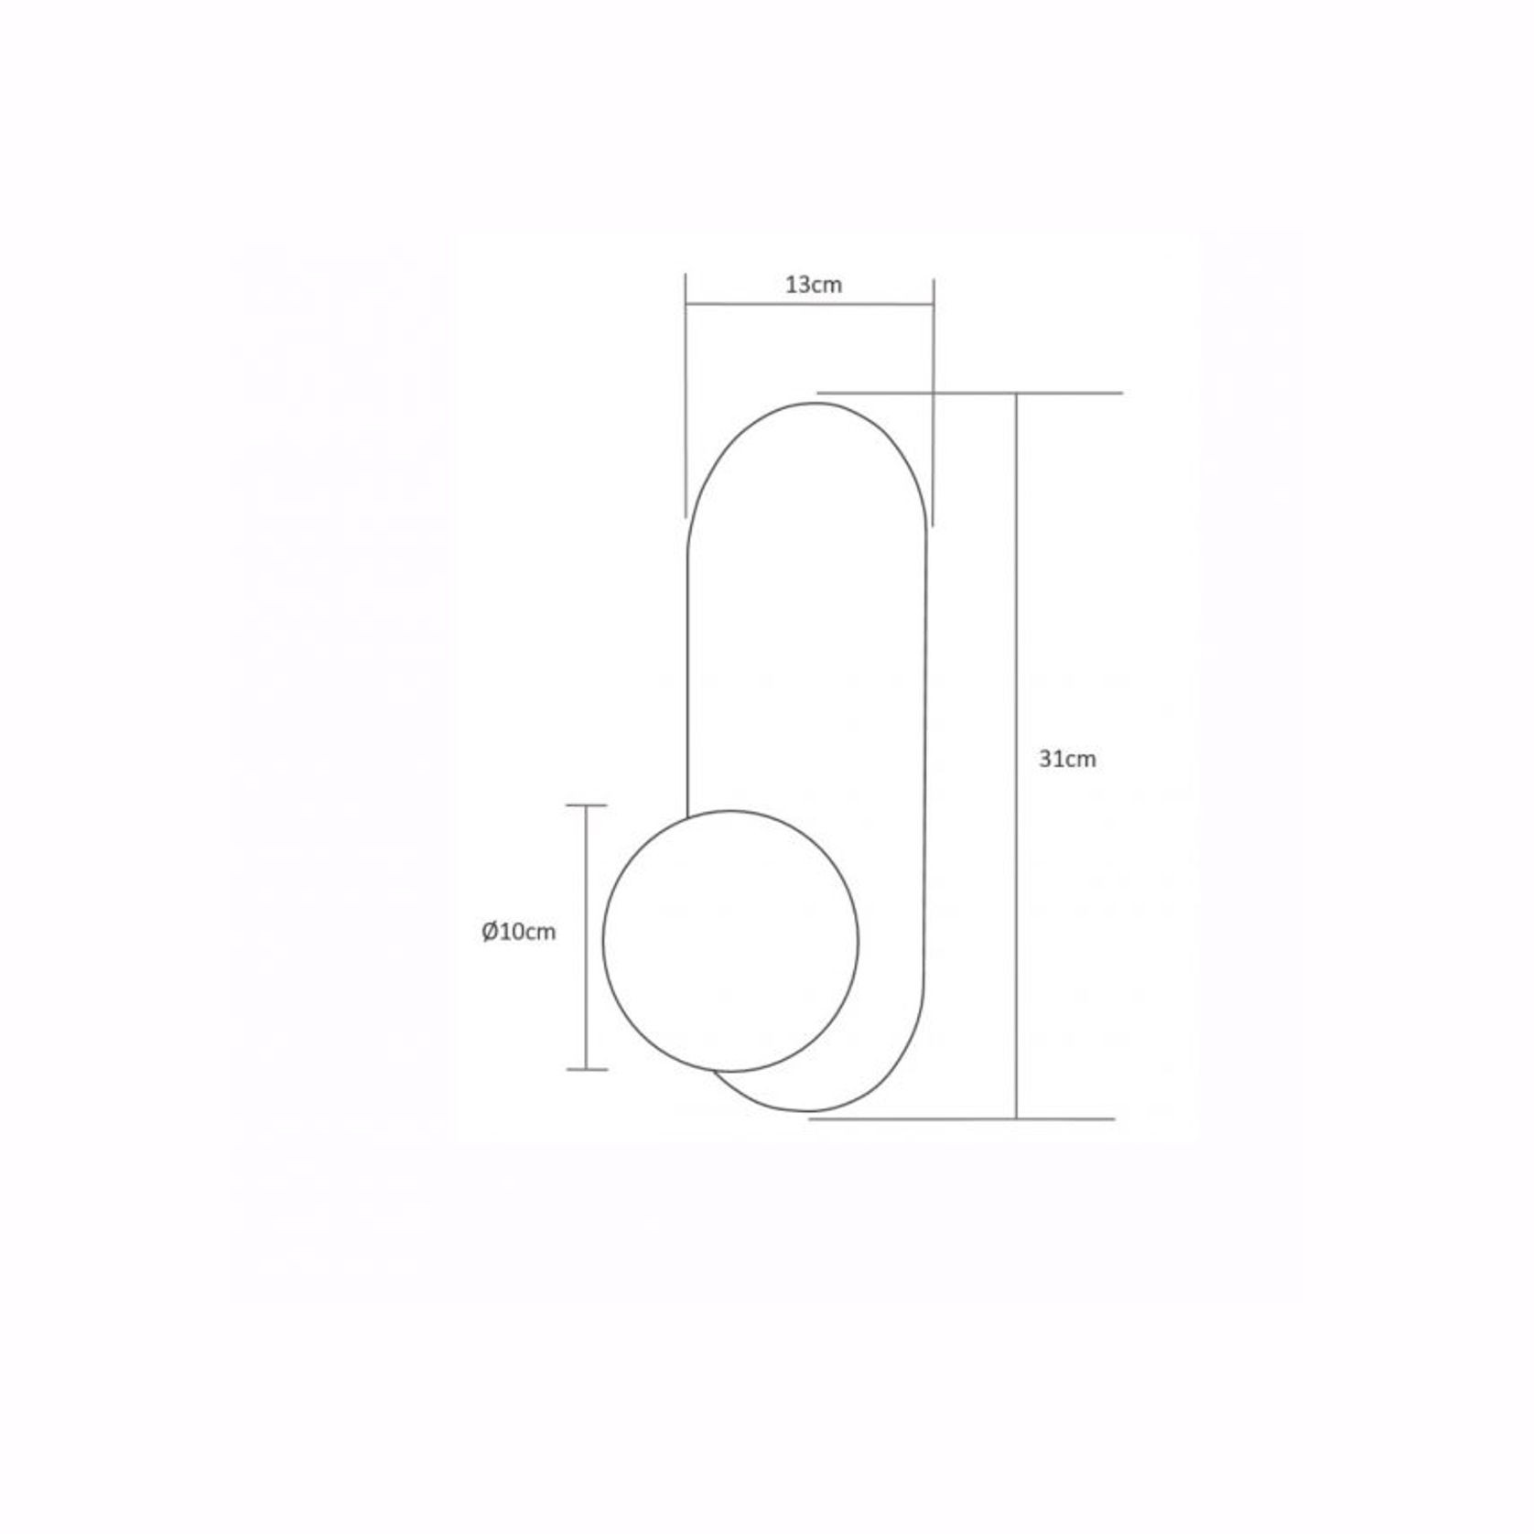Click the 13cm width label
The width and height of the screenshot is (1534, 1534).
pos(813,285)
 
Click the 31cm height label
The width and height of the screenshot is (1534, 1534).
pos(1067,759)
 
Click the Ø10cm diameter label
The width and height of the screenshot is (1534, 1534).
pos(519,932)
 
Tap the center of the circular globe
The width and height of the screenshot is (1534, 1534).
pos(730,941)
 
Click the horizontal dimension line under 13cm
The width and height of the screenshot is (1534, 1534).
pos(810,306)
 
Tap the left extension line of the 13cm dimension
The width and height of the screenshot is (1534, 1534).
pos(686,412)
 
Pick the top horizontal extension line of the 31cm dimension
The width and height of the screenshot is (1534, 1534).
pos(970,394)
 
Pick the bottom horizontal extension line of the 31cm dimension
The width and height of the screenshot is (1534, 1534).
pos(961,1118)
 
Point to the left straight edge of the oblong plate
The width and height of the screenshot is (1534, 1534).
pos(687,677)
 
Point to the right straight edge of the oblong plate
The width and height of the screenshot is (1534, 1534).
pos(925,732)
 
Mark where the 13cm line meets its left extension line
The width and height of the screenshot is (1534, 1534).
pos(686,306)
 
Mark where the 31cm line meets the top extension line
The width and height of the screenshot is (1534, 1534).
pos(1016,394)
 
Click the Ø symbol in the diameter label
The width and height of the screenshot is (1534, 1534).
pos(490,932)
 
